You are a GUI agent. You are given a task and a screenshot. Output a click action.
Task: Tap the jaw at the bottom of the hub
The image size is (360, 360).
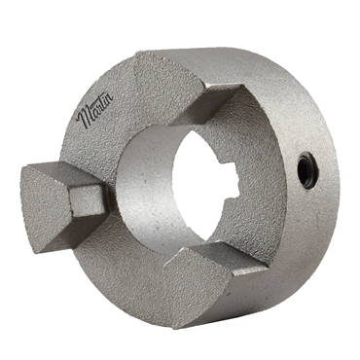pos(199,282)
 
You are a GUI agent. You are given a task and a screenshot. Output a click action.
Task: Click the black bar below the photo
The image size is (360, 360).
pos(180,346)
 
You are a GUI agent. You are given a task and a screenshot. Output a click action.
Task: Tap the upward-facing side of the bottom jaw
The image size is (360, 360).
pos(224,258)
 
